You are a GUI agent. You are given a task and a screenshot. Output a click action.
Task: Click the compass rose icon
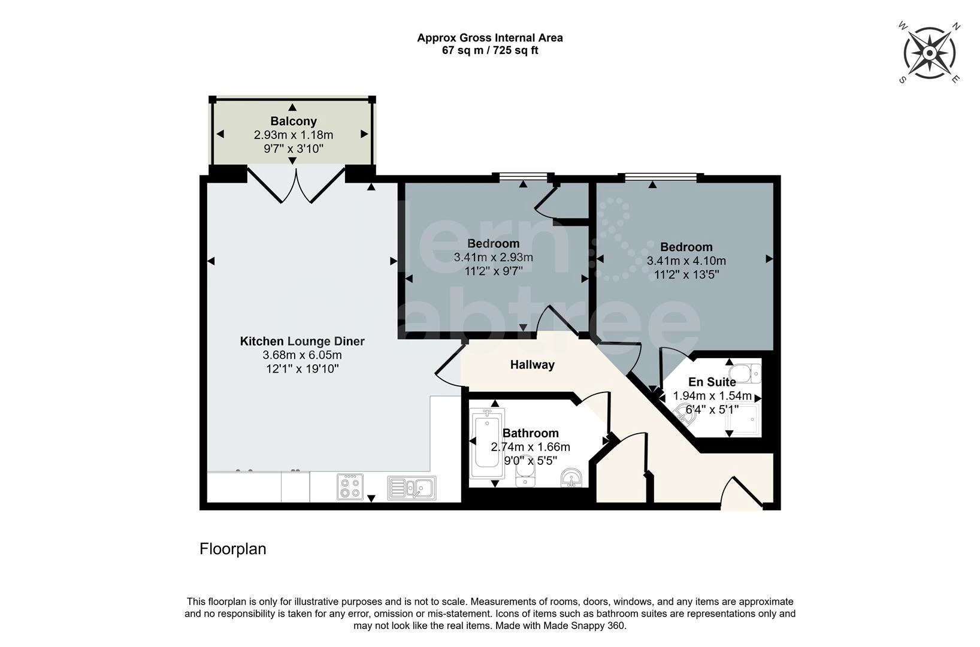coord(929,53)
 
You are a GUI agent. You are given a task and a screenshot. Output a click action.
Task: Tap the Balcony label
coord(293,121)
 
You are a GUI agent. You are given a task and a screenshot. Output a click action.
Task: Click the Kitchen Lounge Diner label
coord(302,341)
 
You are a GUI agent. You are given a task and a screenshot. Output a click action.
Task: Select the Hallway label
coord(532,364)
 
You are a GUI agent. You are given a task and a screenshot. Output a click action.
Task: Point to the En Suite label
coord(712,382)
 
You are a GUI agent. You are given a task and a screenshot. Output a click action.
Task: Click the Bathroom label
coord(530,433)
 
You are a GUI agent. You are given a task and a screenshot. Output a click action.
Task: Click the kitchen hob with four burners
coord(350,486)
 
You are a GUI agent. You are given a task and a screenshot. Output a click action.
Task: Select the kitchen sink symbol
coord(412,488)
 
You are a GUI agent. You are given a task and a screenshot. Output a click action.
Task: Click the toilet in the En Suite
coord(746,373)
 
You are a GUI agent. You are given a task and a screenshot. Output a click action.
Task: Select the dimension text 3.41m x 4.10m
coord(686,261)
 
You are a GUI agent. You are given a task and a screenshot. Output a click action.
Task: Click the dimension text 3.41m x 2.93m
coord(493,258)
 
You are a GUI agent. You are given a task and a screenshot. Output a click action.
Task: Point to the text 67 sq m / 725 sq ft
coord(489,51)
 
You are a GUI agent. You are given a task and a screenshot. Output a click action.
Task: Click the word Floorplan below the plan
coord(232,549)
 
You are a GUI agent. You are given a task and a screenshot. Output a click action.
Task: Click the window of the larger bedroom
coord(661,177)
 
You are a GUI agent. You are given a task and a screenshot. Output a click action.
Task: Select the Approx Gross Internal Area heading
coord(489,38)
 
